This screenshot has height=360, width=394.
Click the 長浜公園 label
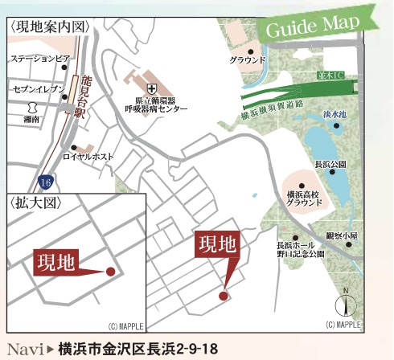tap(330, 164)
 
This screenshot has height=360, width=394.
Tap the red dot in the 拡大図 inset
tap(110, 272)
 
